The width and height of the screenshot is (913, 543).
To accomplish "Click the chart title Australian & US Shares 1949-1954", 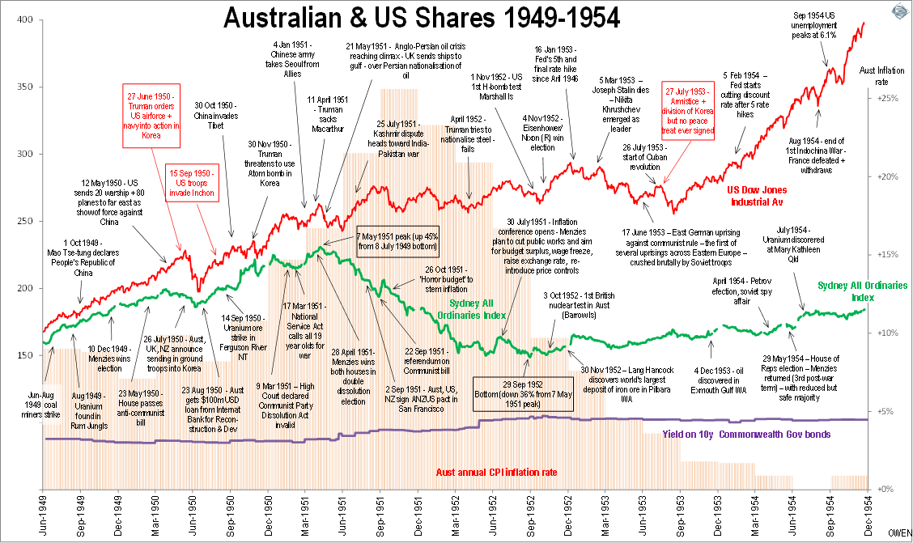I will tap(422, 17).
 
